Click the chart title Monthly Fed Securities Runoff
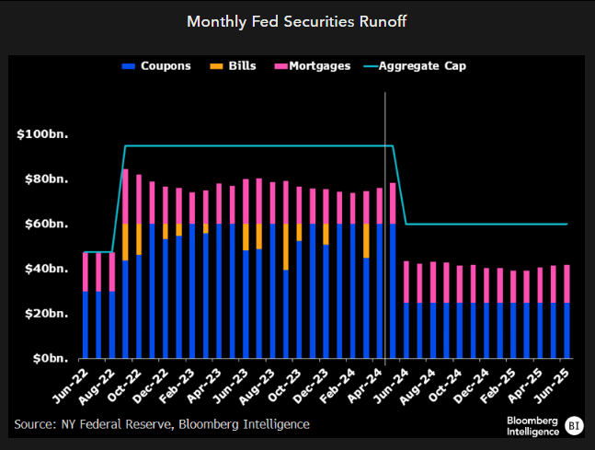tap(297, 20)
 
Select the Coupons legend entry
tap(159, 66)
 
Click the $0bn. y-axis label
tap(50, 358)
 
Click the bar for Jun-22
tap(86, 306)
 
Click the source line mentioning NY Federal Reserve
tap(162, 423)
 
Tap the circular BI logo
tap(575, 424)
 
